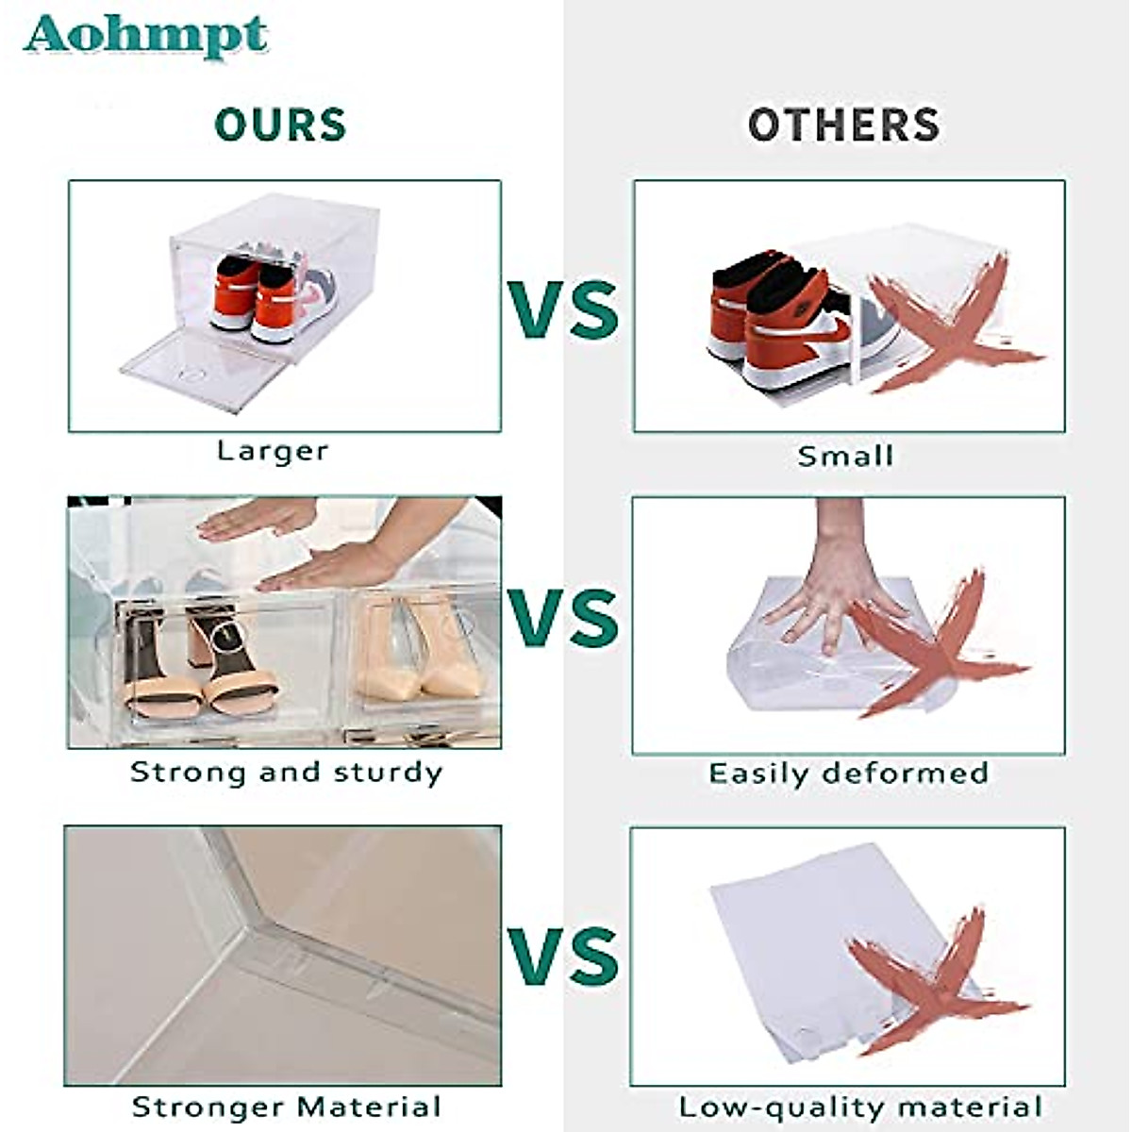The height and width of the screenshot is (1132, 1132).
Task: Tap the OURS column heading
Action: point(280,125)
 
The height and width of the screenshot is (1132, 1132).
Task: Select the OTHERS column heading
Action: point(843,125)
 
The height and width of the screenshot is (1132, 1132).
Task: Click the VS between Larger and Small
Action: point(564,308)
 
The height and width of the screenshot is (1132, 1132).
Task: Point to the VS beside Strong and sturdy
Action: point(564,619)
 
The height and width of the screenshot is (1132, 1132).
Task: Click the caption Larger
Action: point(273,451)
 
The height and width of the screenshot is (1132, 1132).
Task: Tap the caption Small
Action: point(844,457)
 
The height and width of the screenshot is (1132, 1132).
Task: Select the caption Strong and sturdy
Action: point(286,773)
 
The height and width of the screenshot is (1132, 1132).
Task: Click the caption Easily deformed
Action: point(848,774)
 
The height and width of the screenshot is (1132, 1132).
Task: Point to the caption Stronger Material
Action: point(286,1107)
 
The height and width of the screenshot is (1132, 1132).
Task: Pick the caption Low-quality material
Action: point(859,1107)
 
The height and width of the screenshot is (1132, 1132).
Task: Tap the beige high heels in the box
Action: point(420,651)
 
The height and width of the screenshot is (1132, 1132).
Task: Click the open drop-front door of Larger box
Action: point(203,371)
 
